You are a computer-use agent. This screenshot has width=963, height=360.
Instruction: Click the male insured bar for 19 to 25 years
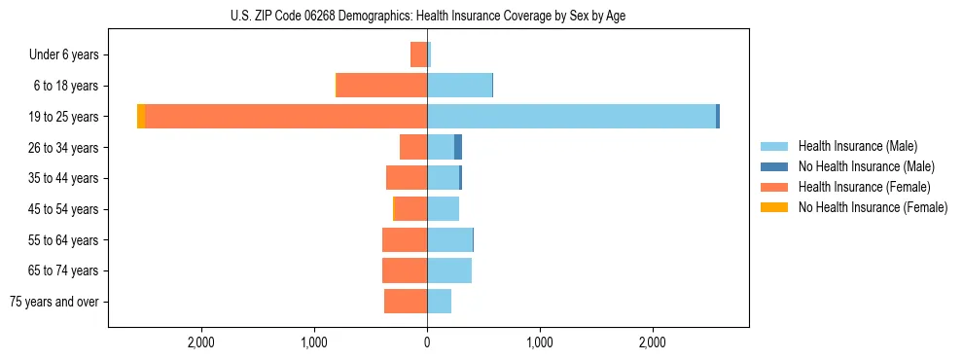pos(571,117)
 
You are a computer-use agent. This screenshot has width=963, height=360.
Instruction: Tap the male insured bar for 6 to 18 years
pos(459,86)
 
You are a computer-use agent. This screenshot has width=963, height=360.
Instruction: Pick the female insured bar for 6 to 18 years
pos(381,86)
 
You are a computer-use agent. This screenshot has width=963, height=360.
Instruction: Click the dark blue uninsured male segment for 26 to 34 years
pos(457,147)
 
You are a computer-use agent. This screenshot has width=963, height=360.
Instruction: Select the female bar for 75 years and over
pos(406,302)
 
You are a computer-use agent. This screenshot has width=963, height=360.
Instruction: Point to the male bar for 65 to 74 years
pos(449,270)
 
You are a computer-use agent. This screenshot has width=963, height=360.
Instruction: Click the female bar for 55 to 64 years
pos(405,239)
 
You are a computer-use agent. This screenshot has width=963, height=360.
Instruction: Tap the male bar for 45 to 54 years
pos(443,209)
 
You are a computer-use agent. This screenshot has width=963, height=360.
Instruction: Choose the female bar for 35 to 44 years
pos(407,178)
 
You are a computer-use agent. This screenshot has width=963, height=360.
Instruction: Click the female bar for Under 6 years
pos(418,54)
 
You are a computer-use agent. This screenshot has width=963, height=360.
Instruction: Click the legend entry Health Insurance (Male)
pos(857,146)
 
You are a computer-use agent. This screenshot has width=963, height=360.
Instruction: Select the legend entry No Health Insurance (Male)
pos(866,166)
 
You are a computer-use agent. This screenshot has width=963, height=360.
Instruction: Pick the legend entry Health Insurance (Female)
pos(863,187)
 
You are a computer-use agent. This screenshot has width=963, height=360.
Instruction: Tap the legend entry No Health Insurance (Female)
pos(872,207)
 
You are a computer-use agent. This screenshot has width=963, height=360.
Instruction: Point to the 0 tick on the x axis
pos(427,343)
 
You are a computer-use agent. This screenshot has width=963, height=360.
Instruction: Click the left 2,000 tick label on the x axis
pos(201,343)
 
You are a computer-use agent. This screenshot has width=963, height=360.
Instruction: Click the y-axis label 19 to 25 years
pos(64,117)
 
